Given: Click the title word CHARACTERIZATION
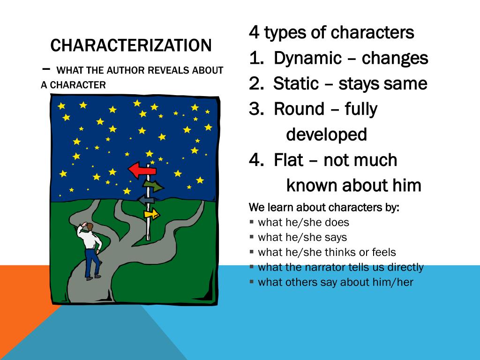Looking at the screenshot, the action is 131,45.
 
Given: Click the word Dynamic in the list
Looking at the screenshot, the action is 307,58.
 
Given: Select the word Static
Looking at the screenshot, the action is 296,83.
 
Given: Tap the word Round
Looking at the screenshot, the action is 299,109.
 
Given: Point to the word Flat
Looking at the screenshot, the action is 290,160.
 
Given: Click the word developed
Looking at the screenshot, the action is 326,135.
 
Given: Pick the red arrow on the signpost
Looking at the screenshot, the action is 142,170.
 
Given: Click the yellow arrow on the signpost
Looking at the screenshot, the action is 152,214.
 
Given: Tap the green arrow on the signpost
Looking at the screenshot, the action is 153,186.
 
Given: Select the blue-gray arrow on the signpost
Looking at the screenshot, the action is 146,200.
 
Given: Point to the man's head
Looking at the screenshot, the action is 89,227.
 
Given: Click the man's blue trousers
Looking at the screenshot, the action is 92,262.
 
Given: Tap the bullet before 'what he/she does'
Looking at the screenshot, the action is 252,222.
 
